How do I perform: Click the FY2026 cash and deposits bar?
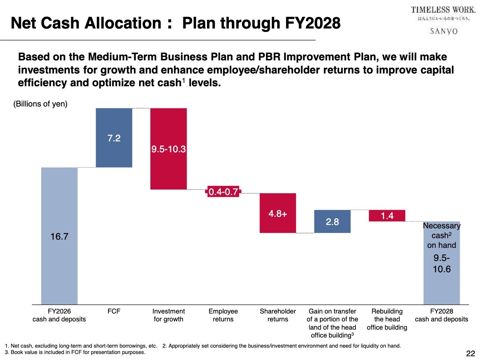[x=59, y=262]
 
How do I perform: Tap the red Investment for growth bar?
[x=168, y=169]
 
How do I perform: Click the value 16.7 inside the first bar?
[x=59, y=237]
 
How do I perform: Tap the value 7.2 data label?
[x=114, y=138]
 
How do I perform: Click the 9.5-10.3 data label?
[x=168, y=149]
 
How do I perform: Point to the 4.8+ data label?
[x=278, y=214]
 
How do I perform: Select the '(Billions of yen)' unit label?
[x=40, y=104]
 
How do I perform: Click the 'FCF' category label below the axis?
[x=114, y=311]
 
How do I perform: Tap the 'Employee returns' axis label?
[x=223, y=315]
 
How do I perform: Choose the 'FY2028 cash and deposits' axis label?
[x=441, y=315]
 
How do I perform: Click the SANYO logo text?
[x=444, y=31]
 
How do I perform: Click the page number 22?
[x=470, y=353]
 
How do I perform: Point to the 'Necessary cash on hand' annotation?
[x=441, y=235]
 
